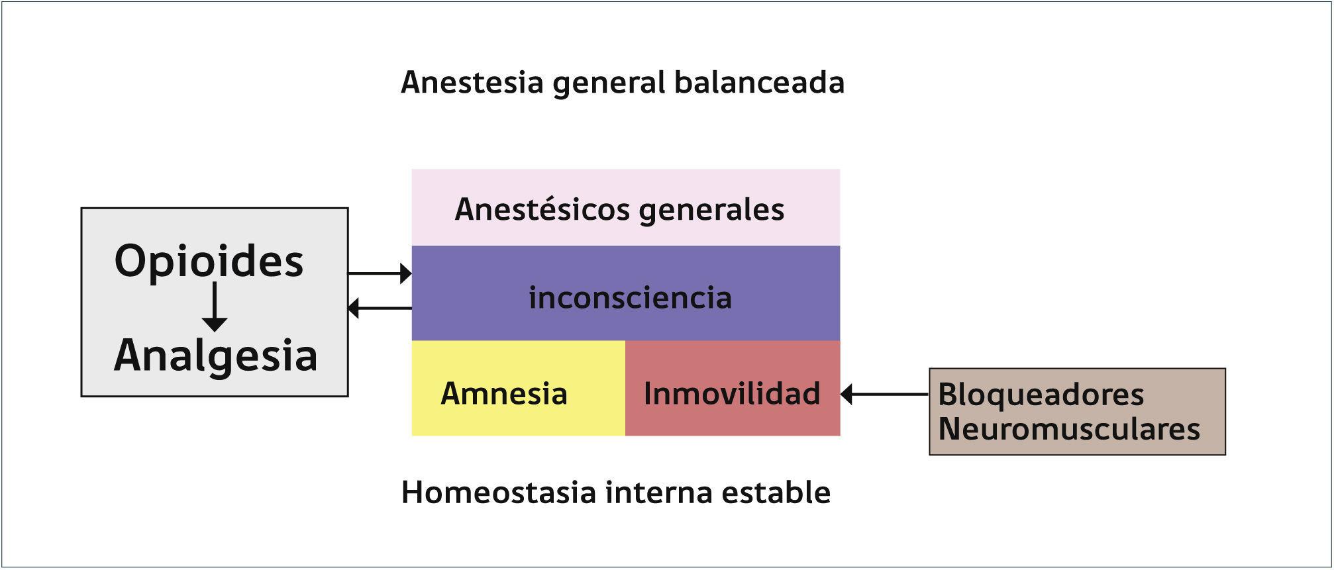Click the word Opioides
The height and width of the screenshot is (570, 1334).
[209, 261]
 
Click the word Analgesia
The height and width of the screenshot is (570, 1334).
[216, 356]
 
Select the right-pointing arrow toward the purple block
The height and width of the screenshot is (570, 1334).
[380, 273]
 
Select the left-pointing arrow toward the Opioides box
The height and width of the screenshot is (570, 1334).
[380, 308]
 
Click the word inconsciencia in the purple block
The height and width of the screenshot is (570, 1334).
[630, 297]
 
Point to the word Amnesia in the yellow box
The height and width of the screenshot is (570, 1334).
[504, 393]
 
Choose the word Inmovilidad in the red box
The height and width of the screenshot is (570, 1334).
[732, 393]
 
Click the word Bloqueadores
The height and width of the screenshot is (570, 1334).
[1041, 395]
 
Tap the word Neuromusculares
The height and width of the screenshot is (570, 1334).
[1069, 429]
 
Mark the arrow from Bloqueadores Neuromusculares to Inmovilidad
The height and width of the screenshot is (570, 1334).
[884, 394]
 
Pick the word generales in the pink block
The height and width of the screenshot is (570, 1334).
[712, 210]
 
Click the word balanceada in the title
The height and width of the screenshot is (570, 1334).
[759, 83]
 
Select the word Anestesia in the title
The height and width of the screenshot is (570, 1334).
[472, 83]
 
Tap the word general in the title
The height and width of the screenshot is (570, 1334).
[609, 83]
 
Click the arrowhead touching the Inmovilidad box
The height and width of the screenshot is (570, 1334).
[847, 394]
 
